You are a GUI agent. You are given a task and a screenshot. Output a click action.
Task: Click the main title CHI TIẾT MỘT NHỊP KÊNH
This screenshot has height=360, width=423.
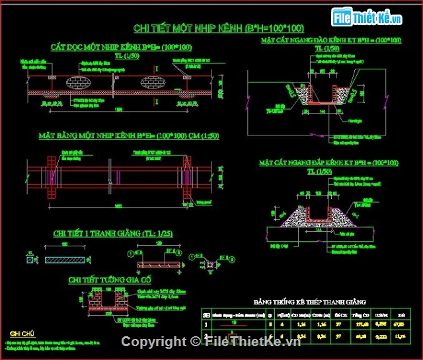tap(219, 28)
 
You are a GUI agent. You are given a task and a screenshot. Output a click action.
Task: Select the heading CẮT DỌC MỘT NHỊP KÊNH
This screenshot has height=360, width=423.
tap(122, 47)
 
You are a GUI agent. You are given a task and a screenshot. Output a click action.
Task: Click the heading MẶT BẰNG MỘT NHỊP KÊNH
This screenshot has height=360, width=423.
tap(128, 137)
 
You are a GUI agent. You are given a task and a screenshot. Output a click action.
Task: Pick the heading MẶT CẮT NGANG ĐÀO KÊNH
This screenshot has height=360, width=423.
tap(330, 41)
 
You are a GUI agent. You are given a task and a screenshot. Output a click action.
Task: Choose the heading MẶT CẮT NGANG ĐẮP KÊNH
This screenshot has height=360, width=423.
tap(328, 162)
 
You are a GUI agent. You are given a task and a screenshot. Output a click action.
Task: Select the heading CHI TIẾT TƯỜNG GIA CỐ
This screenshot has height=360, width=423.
tap(110, 280)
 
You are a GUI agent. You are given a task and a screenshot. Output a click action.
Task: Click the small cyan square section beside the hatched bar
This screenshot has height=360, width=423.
tap(30, 260)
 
